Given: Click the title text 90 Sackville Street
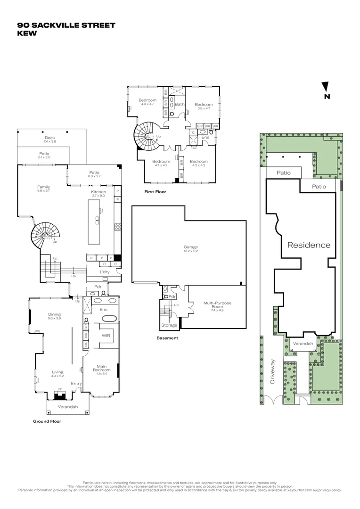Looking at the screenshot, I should [66, 25].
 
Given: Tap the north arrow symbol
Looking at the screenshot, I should [325, 87].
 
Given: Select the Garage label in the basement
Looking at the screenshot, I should [190, 246].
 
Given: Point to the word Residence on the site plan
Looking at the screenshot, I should [309, 245].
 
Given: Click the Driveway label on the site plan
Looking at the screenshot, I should [272, 371].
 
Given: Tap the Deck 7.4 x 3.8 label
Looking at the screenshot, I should [49, 140].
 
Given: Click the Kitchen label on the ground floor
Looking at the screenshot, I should [98, 192].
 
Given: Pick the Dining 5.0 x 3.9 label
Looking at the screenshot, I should [54, 316].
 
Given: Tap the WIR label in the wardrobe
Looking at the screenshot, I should [106, 336].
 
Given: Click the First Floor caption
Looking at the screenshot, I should [155, 192].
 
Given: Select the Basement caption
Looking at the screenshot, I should [167, 338].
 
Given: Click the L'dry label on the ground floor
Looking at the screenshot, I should [105, 272].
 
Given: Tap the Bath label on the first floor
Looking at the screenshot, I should [180, 104].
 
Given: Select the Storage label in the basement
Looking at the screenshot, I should [169, 325].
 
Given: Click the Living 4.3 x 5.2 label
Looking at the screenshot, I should [57, 374].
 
